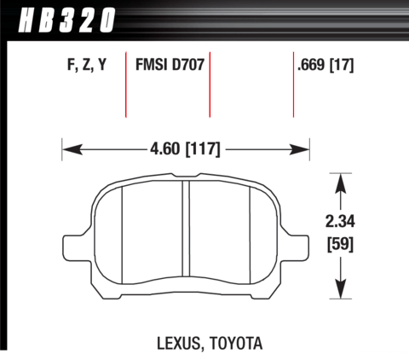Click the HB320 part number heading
[66, 20]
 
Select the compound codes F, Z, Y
[87, 65]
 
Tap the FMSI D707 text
[170, 65]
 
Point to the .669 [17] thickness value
[325, 65]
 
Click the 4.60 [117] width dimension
[185, 149]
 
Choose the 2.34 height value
[340, 222]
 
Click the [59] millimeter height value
[340, 244]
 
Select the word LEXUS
[179, 344]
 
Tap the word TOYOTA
[236, 343]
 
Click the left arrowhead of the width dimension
[72, 149]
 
